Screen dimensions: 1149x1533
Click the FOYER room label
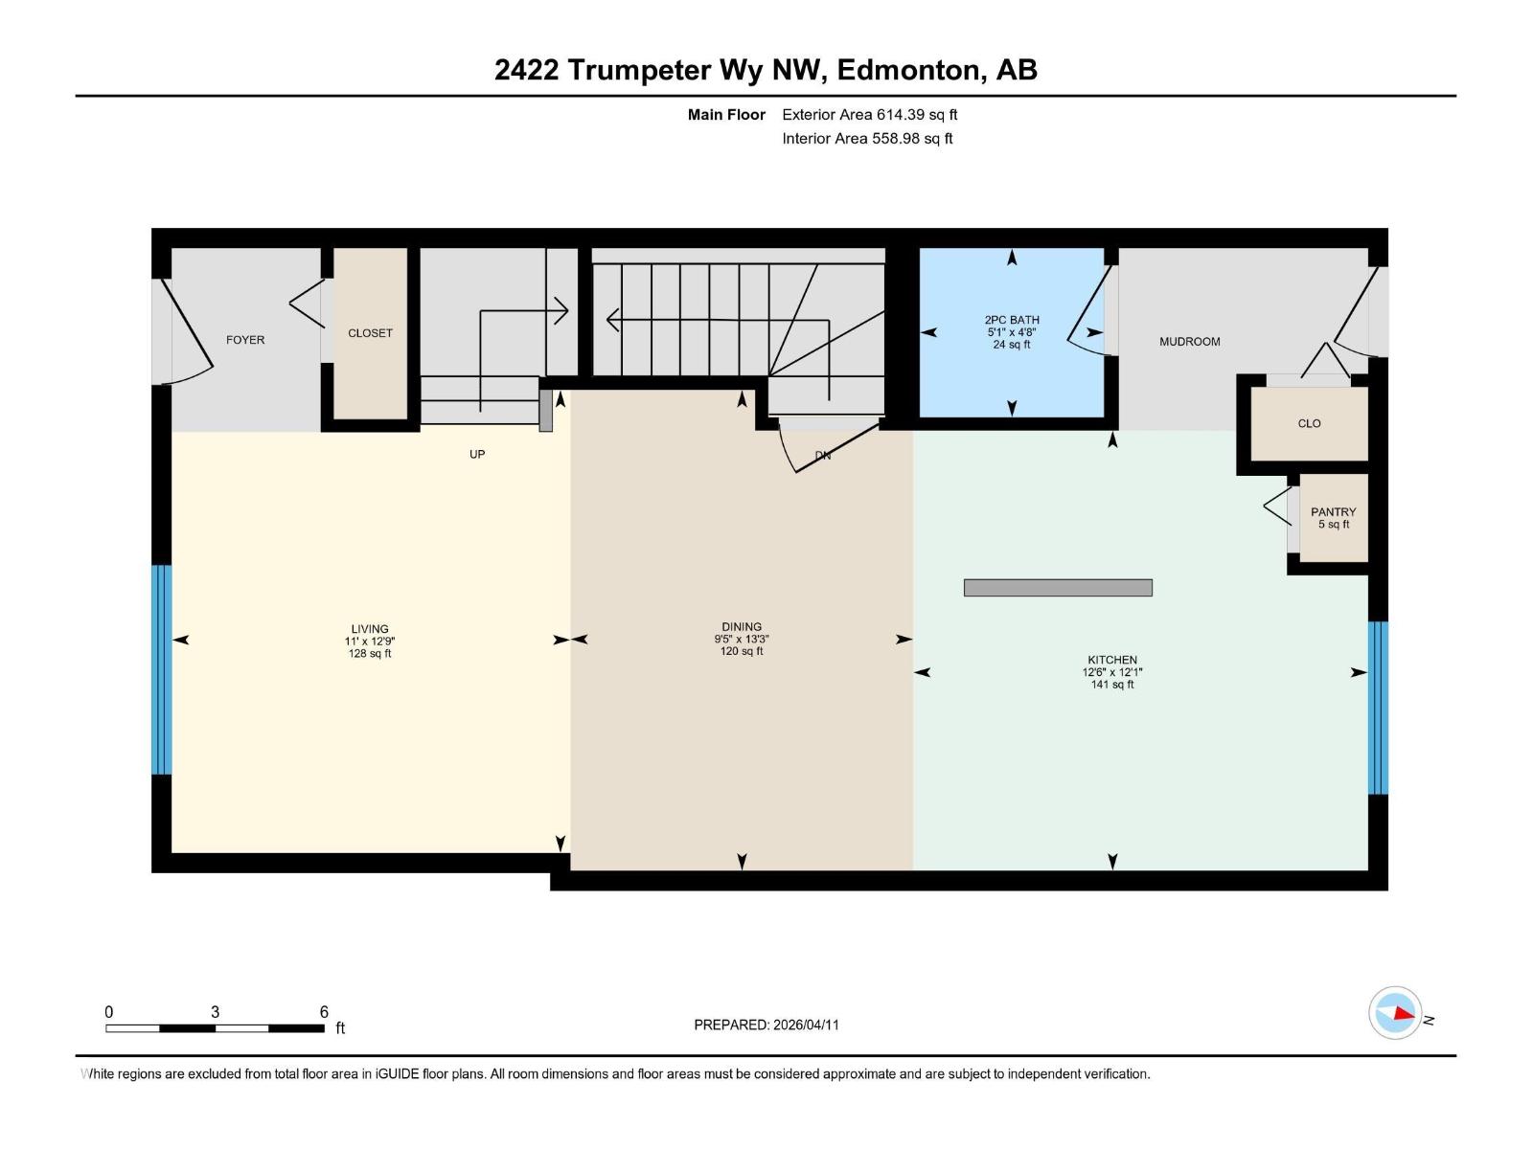245,340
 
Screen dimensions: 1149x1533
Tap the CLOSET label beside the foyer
370,333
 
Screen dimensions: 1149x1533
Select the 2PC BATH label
1011,320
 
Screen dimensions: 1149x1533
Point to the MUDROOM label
1189,342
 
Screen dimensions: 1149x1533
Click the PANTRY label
1333,512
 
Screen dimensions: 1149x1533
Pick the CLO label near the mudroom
1309,423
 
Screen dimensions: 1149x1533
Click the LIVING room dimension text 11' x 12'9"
370,642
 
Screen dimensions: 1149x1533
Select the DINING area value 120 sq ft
742,652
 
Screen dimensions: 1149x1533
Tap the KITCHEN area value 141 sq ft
1111,685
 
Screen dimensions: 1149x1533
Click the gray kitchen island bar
1058,588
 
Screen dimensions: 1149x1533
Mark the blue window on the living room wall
162,669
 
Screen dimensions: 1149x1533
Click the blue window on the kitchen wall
1378,708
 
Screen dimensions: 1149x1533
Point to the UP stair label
477,454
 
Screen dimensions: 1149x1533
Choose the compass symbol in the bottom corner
1395,1012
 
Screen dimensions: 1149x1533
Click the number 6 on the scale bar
324,1012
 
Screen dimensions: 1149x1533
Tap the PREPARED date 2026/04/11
806,1025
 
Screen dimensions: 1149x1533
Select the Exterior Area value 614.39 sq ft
917,115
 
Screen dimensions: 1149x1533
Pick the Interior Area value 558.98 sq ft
912,139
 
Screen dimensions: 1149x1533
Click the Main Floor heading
726,115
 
